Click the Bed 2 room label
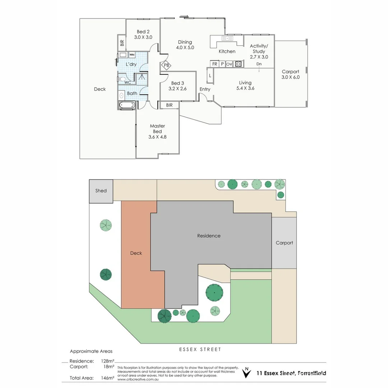(143, 32)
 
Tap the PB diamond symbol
(166, 65)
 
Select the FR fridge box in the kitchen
(215, 64)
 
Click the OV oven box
(229, 64)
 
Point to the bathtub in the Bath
(127, 105)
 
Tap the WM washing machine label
(132, 55)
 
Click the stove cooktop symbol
(239, 64)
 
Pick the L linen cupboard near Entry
(210, 76)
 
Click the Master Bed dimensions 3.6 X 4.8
(157, 137)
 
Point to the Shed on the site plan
(101, 191)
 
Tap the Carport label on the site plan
(284, 243)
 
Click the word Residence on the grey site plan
(209, 236)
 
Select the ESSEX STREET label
(200, 349)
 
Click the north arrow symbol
(246, 373)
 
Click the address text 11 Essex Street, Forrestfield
(291, 373)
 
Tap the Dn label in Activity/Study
(259, 64)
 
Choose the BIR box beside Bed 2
(122, 43)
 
